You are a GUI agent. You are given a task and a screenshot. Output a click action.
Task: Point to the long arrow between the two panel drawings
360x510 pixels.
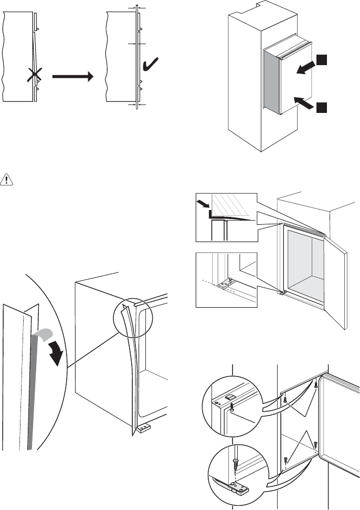[72, 77]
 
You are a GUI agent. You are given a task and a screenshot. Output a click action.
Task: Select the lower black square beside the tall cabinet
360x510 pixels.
[322, 108]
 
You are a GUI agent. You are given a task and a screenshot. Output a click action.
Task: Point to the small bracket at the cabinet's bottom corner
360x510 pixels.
[143, 429]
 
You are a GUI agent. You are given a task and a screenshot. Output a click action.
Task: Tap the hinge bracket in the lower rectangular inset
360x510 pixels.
[227, 284]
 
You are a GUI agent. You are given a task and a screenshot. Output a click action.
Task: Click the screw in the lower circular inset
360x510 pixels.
[236, 462]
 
